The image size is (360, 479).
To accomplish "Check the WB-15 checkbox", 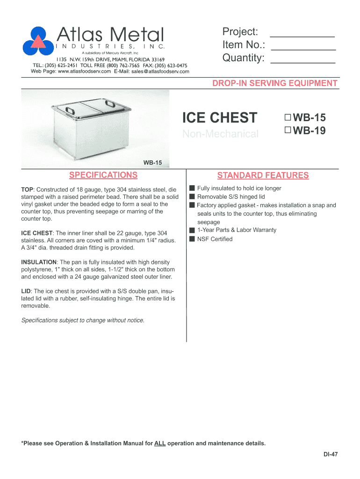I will pyautogui.click(x=287, y=117).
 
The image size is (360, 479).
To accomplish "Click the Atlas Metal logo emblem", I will pyautogui.click(x=38, y=40).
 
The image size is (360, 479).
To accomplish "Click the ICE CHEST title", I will pyautogui.click(x=219, y=117).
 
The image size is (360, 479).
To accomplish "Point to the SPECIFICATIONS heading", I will pyautogui.click(x=103, y=175).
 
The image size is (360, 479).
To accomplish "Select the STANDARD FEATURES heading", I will pyautogui.click(x=263, y=175).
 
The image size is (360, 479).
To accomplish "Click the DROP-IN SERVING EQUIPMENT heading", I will pyautogui.click(x=275, y=83).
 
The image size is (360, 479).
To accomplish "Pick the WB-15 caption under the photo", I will pyautogui.click(x=152, y=163).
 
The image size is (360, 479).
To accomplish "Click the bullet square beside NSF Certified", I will pyautogui.click(x=192, y=239).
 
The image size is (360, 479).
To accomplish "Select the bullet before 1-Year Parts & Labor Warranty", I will pyautogui.click(x=192, y=230).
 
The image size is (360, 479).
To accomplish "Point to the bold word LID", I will pyautogui.click(x=26, y=291).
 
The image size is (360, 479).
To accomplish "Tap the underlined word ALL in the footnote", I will pyautogui.click(x=160, y=443).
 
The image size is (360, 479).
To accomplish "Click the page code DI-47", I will pyautogui.click(x=331, y=454).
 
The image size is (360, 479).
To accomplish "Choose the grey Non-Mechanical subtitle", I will pyautogui.click(x=220, y=134).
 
